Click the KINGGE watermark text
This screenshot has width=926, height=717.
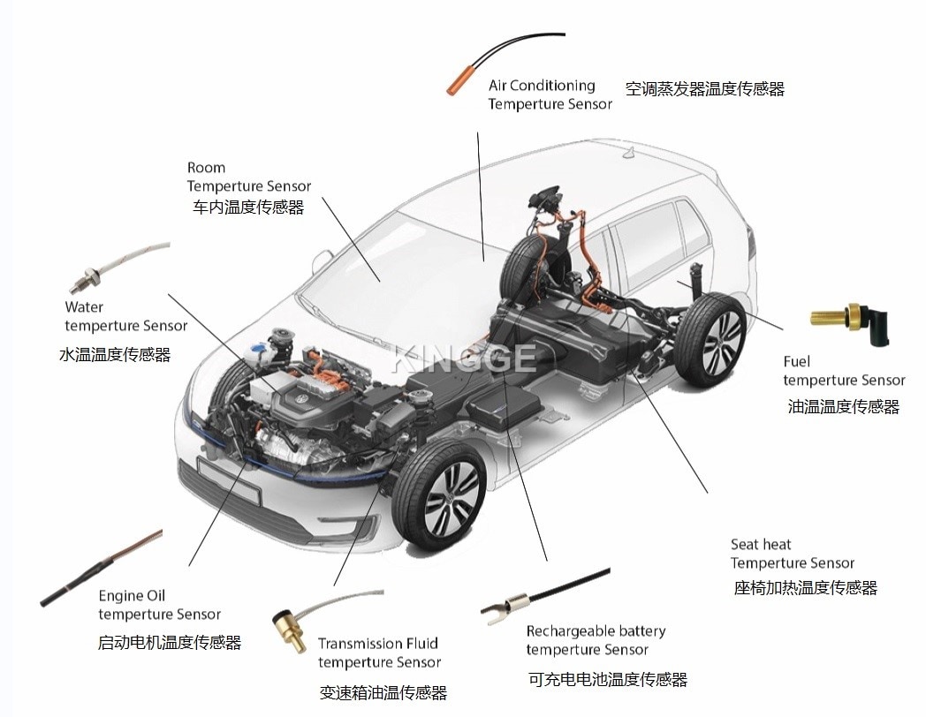click(x=465, y=358)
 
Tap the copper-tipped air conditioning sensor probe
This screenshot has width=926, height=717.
click(x=459, y=79)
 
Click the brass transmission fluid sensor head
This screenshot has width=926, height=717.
click(x=287, y=629)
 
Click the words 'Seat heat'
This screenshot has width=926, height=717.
click(x=760, y=544)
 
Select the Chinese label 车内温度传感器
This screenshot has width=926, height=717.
click(x=248, y=208)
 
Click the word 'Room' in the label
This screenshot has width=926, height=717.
click(x=206, y=168)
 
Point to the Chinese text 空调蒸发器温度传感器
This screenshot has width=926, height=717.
click(x=704, y=89)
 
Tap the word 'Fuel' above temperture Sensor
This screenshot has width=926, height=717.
click(x=797, y=361)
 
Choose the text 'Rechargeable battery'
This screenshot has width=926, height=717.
click(x=596, y=631)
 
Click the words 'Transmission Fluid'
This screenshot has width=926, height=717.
click(x=378, y=643)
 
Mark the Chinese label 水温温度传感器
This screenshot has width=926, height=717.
click(x=115, y=355)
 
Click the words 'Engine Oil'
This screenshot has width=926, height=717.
click(x=132, y=595)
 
